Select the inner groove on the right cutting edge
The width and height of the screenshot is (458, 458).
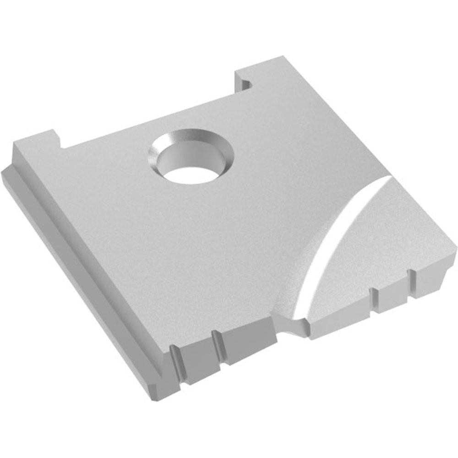click(374, 300)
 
